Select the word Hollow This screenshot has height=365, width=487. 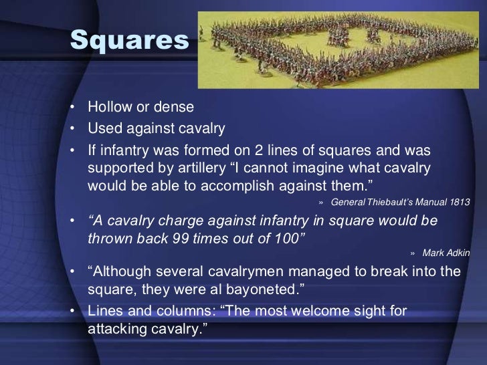110,107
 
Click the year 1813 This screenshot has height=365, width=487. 460,202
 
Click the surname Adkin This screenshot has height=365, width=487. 458,253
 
